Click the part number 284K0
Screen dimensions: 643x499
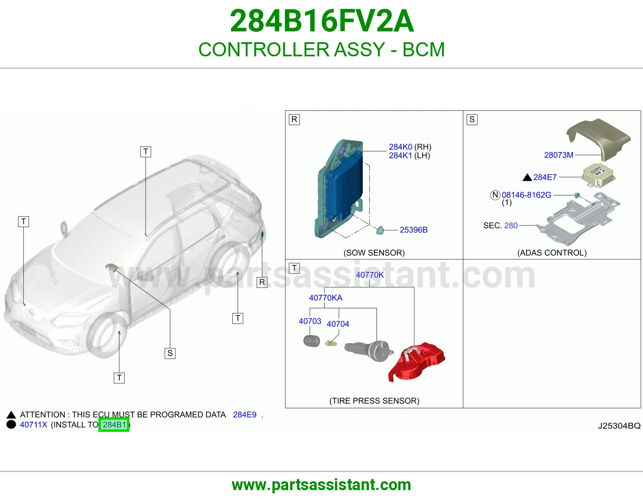[x=400, y=146]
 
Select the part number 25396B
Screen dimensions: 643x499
[x=414, y=230]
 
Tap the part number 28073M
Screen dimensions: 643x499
[x=559, y=155]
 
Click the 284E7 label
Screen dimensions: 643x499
[x=545, y=177]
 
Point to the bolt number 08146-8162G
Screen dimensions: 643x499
[x=526, y=195]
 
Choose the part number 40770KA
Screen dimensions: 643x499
[x=326, y=298]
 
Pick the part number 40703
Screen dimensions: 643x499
[x=310, y=321]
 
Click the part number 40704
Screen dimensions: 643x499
[x=338, y=324]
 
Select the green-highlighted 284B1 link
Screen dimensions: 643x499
[x=114, y=425]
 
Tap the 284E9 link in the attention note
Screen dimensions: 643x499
[x=245, y=414]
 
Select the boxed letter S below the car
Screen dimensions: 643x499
[x=170, y=353]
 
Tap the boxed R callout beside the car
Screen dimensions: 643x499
[x=262, y=282]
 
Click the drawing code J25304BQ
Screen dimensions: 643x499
[x=619, y=426]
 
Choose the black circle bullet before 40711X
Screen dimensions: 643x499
[x=11, y=424]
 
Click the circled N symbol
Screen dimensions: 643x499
[x=495, y=195]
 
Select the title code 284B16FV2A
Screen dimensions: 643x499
[x=321, y=21]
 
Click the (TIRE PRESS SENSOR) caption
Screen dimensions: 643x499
[x=374, y=401]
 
